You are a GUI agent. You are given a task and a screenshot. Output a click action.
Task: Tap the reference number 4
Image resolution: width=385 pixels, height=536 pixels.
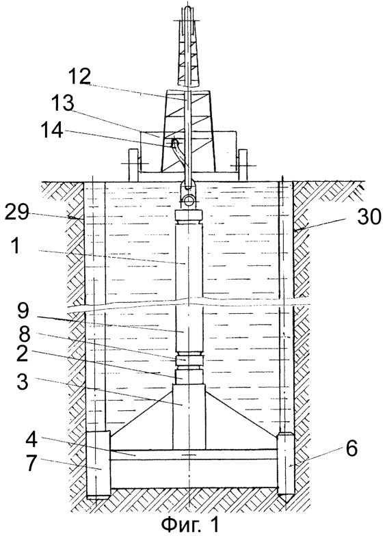pyautogui.click(x=33, y=443)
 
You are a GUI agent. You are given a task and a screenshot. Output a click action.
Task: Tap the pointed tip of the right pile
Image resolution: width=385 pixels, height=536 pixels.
pyautogui.click(x=286, y=502)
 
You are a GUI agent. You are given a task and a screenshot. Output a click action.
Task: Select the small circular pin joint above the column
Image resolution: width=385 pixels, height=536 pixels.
pyautogui.click(x=189, y=200)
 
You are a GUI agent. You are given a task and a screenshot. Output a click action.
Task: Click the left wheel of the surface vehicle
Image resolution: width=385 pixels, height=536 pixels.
pyautogui.click(x=134, y=164)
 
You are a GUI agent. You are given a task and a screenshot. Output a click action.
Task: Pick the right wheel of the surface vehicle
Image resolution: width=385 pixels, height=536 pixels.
pyautogui.click(x=243, y=164)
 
